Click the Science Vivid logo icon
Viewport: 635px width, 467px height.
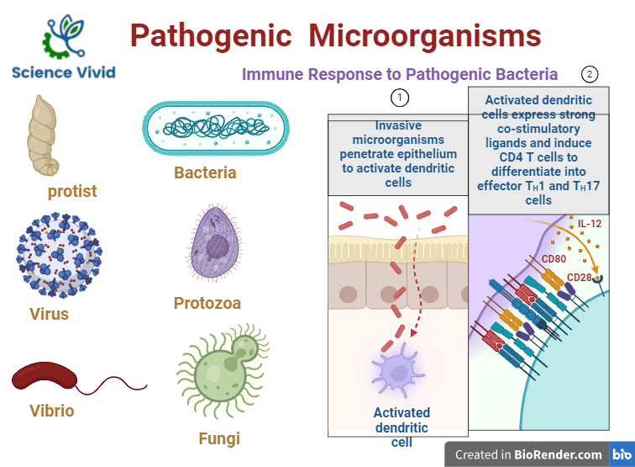coord(64,35)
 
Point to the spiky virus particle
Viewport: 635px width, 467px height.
coord(58,254)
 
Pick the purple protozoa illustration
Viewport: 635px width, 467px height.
coord(216,244)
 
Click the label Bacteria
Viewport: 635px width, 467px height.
coord(205,173)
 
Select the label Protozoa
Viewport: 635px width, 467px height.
coord(207,303)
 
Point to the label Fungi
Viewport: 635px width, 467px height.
coord(219,438)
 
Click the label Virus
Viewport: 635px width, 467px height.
coord(49,315)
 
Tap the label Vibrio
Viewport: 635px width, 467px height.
coord(52,411)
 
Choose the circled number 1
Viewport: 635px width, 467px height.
coord(401,98)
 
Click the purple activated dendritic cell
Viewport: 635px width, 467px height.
coord(396,369)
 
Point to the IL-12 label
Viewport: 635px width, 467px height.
coord(590,223)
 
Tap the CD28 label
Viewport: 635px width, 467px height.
coord(580,277)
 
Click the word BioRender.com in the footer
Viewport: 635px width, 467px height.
coord(558,454)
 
